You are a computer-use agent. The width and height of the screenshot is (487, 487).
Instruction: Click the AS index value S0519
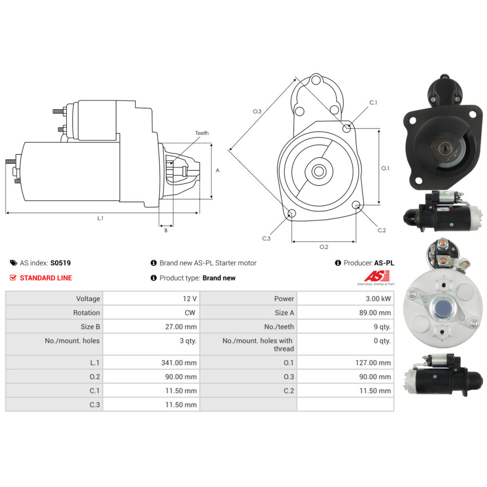[x=60, y=263]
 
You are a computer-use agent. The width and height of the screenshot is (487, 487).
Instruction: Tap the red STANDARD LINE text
[x=46, y=278]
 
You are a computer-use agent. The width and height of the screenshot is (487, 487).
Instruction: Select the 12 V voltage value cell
[x=190, y=299]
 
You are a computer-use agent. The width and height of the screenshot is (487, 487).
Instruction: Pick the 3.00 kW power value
[x=378, y=299]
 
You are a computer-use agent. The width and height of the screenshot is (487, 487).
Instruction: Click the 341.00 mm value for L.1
[x=179, y=363]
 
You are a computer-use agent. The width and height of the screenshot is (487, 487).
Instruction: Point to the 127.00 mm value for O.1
[x=373, y=363]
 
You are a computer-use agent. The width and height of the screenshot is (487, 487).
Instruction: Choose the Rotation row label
[x=87, y=313]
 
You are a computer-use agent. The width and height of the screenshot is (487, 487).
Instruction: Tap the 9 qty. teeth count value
[x=382, y=327]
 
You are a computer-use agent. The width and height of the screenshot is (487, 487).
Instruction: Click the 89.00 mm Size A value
[x=375, y=313]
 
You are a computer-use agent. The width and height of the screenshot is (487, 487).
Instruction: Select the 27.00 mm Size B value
[x=181, y=327]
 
